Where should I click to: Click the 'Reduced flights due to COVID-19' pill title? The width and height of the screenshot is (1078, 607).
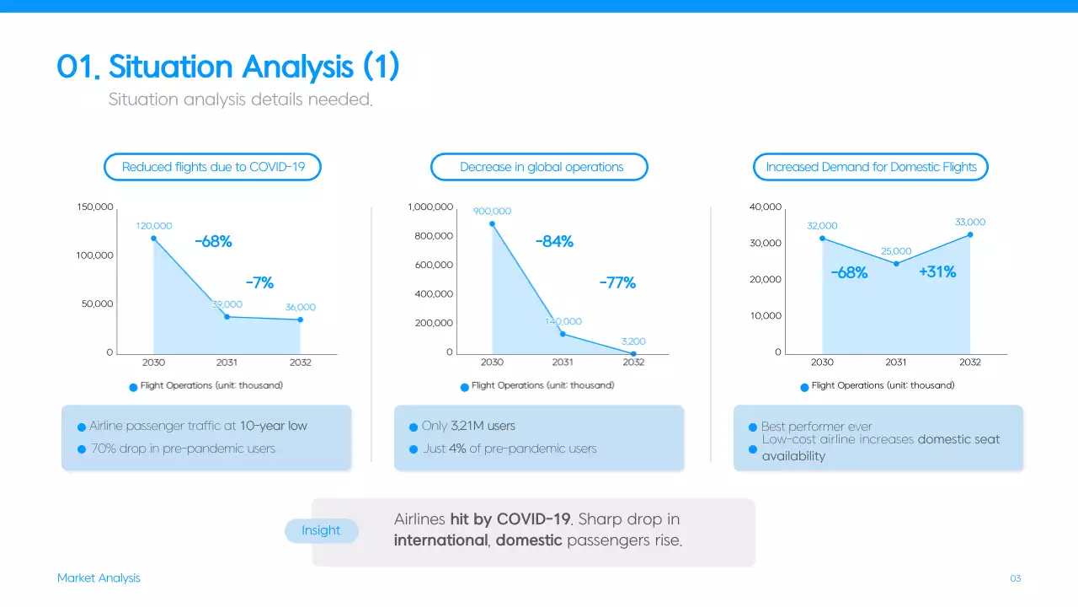coord(212,167)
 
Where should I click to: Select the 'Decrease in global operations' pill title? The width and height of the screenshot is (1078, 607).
coord(541,167)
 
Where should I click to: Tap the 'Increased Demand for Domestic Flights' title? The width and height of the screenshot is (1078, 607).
coord(871,167)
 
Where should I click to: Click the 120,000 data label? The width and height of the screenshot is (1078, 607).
coord(153,226)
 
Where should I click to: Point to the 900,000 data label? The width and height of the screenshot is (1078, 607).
coord(492,212)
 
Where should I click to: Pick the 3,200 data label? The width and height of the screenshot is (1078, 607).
coord(633,341)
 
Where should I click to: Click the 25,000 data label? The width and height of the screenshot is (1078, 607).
coord(896,251)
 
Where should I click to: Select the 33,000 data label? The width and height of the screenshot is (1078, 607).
coord(970,223)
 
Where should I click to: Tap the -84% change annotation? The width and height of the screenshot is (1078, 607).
coord(554,242)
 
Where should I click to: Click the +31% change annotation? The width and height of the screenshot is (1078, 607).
coord(937,272)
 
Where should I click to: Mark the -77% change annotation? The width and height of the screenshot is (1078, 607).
coord(617,283)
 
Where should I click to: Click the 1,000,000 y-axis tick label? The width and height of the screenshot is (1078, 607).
coord(430,207)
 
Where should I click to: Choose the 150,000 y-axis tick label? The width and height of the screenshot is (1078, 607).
coord(95,207)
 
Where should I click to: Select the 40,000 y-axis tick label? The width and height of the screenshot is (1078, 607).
coord(765,207)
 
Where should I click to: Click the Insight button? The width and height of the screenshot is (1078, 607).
coord(321,530)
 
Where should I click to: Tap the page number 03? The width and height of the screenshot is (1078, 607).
coord(1015,578)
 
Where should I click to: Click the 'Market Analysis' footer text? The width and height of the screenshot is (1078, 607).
coord(99,578)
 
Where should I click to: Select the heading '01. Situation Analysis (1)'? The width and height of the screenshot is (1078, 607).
coord(227,67)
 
